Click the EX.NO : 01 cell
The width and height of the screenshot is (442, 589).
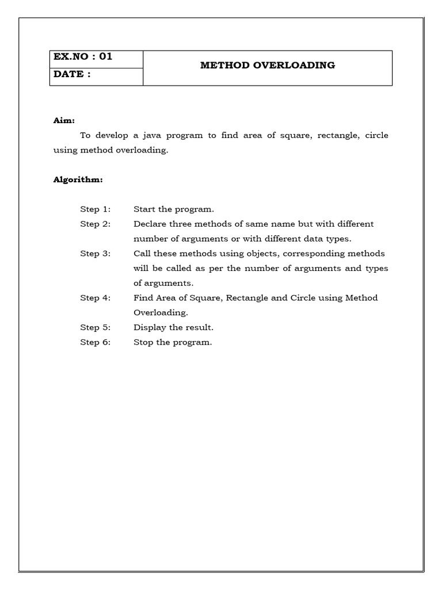point(83,57)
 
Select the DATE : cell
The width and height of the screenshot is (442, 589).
point(73,75)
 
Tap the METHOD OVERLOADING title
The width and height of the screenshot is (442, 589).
point(268,66)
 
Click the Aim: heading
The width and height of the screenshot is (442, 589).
point(64,121)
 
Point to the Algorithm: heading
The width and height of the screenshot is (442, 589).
point(78,180)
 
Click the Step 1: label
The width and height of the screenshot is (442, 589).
point(95,209)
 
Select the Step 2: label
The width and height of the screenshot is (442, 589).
point(95,224)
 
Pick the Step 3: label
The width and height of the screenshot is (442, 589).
point(95,254)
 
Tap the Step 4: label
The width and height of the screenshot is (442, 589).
point(95,298)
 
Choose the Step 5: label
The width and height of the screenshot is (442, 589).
point(95,327)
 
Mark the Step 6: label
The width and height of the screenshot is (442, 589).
point(95,342)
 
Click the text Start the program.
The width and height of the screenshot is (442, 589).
point(174,209)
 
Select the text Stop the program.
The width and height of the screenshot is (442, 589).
point(173,342)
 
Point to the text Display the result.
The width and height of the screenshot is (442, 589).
point(173,327)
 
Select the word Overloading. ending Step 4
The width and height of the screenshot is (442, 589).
point(161,313)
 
